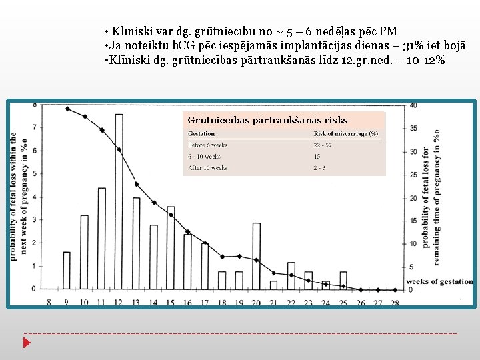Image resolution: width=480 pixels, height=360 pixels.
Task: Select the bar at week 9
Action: tap(67, 270)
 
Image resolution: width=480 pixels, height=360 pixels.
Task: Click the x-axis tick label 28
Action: tap(395, 303)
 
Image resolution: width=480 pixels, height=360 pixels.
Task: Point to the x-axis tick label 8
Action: tap(49, 303)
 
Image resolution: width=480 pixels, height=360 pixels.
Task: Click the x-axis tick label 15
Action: tap(170, 303)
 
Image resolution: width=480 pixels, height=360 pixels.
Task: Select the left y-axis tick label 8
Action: tap(35, 105)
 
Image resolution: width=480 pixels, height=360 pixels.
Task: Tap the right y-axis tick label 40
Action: tap(414, 105)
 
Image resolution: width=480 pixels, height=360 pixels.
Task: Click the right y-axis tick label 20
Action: tap(414, 198)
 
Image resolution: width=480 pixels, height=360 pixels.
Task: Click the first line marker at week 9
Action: tap(67, 109)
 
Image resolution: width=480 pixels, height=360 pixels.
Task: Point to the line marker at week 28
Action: tap(395, 290)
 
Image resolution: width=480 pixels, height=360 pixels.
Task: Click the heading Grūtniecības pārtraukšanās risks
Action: tap(267, 120)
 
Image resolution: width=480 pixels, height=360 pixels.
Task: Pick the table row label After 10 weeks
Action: tap(207, 168)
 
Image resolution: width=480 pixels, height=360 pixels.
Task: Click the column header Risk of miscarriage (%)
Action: tap(345, 133)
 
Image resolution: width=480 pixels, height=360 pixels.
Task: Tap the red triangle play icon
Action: tap(27, 343)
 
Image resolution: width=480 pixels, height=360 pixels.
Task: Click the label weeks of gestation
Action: tap(439, 281)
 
